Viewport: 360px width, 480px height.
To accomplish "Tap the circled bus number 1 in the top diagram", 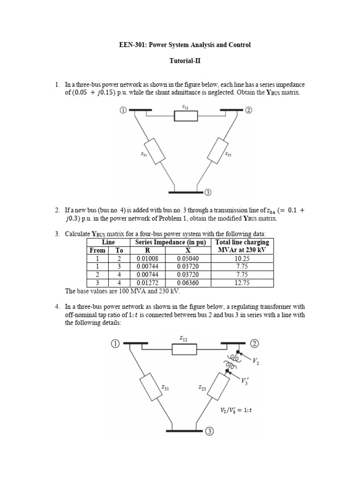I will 123,111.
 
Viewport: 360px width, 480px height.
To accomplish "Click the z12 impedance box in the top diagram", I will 186,116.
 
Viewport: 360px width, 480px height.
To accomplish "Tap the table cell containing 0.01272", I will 148,283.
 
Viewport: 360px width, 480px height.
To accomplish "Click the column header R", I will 148,250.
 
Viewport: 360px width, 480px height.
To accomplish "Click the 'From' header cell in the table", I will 97,250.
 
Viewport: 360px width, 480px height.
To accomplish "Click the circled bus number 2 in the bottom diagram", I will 255,344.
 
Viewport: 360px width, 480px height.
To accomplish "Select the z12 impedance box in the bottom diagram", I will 184,349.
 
